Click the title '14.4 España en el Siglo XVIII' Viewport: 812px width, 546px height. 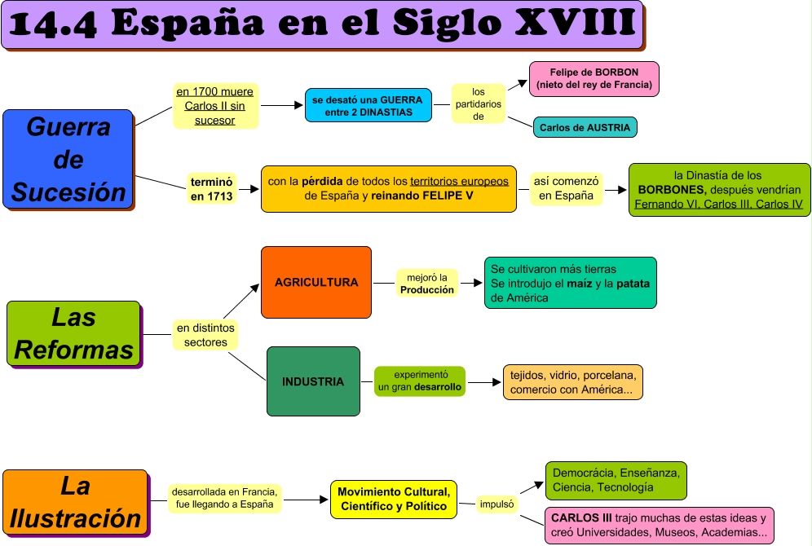tap(322, 24)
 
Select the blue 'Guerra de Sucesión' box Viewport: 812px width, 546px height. tap(68, 160)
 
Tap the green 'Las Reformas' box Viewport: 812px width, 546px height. tap(73, 333)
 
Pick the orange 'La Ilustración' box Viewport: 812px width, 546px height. tap(75, 502)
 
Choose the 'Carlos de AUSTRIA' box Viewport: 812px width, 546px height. tap(585, 128)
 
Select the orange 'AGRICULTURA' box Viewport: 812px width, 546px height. tap(316, 282)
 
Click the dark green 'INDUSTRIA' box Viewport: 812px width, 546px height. tap(313, 381)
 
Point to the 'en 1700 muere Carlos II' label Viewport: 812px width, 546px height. tap(215, 106)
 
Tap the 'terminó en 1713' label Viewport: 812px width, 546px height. tap(211, 189)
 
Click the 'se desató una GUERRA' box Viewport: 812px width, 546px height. tap(368, 106)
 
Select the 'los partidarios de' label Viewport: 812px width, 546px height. tap(478, 104)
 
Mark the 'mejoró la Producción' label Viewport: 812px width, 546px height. tap(427, 284)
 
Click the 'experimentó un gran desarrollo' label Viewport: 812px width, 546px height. tap(420, 381)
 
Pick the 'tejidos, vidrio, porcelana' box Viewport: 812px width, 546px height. tap(572, 382)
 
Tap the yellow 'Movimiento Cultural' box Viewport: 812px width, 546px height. tap(393, 500)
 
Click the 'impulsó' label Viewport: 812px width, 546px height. tap(497, 504)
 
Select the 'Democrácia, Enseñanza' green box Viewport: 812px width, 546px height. tap(615, 480)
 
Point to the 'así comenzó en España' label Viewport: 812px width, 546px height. tap(566, 189)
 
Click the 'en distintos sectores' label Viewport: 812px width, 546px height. tap(205, 335)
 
